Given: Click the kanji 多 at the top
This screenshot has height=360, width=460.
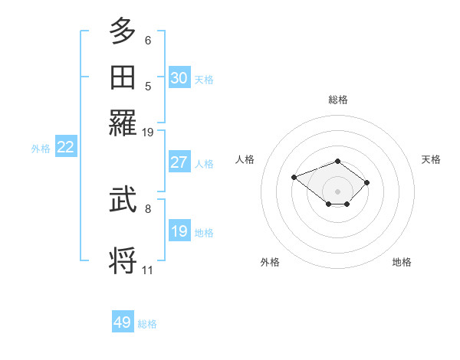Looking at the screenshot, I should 123,31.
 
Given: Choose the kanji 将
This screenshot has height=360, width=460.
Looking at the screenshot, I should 123,260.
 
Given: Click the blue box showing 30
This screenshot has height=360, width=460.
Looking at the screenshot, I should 179,77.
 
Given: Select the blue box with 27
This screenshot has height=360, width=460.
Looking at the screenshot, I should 179,162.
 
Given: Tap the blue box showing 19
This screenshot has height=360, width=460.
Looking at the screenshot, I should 179,231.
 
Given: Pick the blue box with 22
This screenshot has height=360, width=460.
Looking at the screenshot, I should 65,148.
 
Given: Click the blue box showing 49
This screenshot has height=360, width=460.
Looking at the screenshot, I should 123,322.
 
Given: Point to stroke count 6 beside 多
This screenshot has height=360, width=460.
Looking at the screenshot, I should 148,41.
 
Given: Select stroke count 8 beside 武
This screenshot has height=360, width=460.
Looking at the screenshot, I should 148,208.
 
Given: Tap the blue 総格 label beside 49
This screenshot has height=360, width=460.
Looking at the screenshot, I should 147,324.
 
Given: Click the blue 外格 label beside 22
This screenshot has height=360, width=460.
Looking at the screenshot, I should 41,149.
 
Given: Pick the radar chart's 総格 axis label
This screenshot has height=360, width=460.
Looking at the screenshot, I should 338,100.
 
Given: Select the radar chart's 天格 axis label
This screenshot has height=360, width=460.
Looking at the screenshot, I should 431,159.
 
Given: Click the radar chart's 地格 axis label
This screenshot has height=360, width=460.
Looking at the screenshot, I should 402,262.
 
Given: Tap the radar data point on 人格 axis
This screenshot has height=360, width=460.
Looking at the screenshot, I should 294,177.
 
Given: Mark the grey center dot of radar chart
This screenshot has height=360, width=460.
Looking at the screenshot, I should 338,191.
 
